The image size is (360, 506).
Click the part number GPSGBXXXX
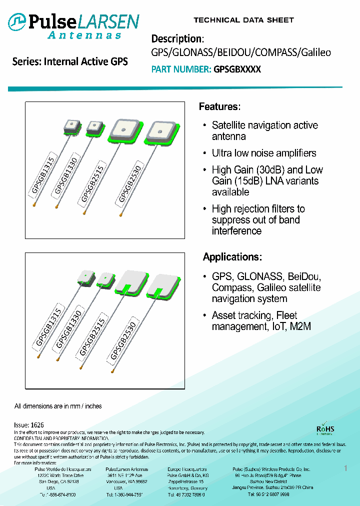click(x=237, y=69)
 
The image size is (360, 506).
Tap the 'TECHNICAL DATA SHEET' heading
click(x=243, y=20)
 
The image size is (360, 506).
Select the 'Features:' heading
click(x=220, y=106)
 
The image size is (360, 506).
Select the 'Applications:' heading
click(x=232, y=257)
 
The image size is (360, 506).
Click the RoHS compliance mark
click(x=325, y=429)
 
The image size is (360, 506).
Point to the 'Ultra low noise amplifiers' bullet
click(x=264, y=153)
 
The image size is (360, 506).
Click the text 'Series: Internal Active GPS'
click(x=70, y=62)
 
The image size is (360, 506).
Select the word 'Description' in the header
click(x=176, y=39)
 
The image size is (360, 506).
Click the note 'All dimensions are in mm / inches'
click(x=58, y=406)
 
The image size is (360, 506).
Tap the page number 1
click(x=345, y=468)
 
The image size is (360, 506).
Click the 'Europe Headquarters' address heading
click(x=187, y=469)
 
